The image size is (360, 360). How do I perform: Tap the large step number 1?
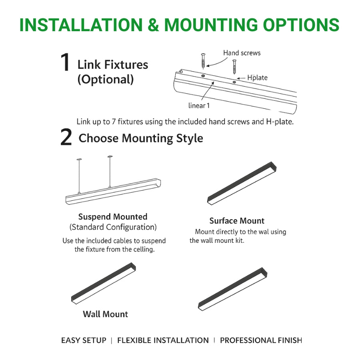click(65, 63)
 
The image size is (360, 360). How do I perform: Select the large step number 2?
click(66, 138)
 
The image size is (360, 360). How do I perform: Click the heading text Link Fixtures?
click(112, 64)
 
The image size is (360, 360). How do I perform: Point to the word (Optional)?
click(105, 79)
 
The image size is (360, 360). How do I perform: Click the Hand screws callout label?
click(242, 53)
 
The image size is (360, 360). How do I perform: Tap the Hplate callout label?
click(257, 78)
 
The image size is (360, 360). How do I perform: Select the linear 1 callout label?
click(199, 106)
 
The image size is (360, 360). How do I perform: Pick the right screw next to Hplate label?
click(234, 66)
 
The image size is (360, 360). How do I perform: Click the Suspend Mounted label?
click(113, 217)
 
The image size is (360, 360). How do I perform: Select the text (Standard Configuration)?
click(113, 227)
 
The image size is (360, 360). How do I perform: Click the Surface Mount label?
click(237, 221)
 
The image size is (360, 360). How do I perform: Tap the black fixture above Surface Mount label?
click(242, 183)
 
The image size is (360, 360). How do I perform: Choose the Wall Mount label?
click(105, 314)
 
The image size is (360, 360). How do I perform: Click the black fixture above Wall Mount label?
click(104, 282)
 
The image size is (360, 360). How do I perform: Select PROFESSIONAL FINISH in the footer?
click(261, 340)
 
